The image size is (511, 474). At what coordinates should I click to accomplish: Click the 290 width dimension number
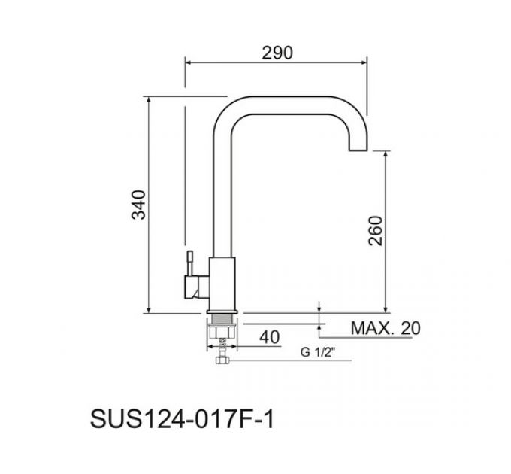click(277, 53)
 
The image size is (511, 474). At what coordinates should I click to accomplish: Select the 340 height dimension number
click(138, 205)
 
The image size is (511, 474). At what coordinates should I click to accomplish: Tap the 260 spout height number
click(375, 231)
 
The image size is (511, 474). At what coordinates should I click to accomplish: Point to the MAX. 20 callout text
click(386, 328)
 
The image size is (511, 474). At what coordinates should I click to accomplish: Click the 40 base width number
click(270, 337)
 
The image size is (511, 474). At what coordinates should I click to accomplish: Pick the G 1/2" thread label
click(318, 352)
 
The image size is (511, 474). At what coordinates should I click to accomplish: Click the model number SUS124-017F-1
click(182, 419)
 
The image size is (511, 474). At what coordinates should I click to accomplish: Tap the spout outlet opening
click(358, 150)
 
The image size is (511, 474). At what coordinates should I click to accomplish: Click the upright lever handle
click(189, 263)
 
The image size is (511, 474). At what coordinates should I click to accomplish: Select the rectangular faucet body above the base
click(222, 283)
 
